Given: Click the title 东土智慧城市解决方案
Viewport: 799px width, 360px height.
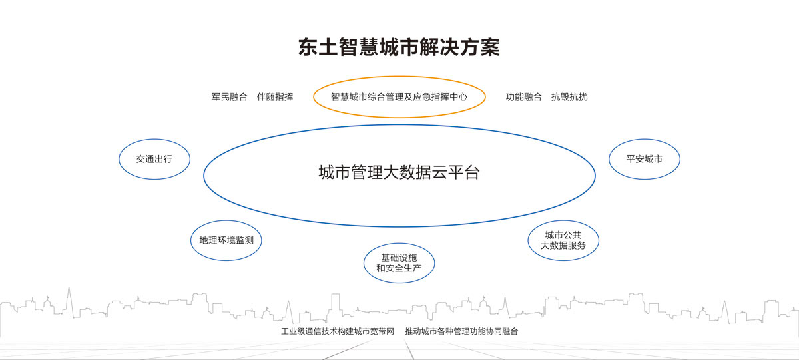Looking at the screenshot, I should point(399,48).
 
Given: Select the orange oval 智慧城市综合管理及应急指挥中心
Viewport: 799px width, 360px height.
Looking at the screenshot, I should point(399,97).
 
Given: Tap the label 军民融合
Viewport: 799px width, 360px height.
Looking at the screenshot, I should point(230,97).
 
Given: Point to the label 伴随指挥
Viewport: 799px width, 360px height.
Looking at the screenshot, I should point(275,97).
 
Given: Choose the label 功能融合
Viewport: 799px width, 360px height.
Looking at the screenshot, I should point(524,97).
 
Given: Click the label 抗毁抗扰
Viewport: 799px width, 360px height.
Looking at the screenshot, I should point(569,97).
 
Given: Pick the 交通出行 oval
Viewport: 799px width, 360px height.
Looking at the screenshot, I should point(154,159).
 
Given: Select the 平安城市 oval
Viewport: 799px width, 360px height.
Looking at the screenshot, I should point(644,159).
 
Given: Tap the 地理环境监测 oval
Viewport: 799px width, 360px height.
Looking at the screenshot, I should point(226,240).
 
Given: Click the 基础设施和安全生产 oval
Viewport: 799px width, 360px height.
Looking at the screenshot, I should point(399,263).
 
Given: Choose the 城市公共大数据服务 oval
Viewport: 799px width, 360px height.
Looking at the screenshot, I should point(563,240).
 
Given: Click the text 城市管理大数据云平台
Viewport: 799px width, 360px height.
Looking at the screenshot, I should point(399,173).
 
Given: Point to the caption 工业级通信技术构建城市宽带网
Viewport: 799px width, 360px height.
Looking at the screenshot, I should point(338,331).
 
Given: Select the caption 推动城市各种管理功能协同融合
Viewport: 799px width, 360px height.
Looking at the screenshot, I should point(461,331).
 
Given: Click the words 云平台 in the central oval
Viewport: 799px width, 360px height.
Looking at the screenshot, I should point(455,173).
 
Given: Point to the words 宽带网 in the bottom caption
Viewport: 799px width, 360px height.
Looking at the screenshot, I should point(382,331).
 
